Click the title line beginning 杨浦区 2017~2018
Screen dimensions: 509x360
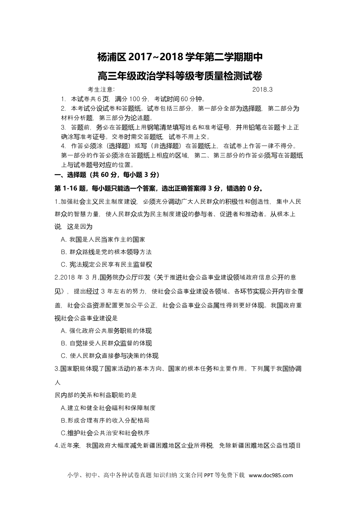[x=180, y=58]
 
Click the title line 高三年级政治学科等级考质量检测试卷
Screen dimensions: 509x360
[x=180, y=76]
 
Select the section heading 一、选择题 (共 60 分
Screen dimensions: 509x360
[x=107, y=175]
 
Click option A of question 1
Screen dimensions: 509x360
[x=103, y=239]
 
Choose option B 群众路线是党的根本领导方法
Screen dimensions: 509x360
[x=106, y=252]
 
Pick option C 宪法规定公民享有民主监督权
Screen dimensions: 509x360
[x=106, y=264]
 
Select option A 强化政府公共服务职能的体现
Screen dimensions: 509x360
[x=106, y=331]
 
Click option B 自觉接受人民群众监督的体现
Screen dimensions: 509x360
[x=106, y=343]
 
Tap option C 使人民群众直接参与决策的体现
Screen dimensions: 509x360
[x=110, y=356]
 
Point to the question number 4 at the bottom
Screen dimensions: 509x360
[x=57, y=446]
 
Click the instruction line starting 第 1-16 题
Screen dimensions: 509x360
[x=159, y=188]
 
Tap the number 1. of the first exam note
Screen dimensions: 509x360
[x=63, y=99]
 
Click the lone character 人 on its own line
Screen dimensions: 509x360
[x=58, y=383]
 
